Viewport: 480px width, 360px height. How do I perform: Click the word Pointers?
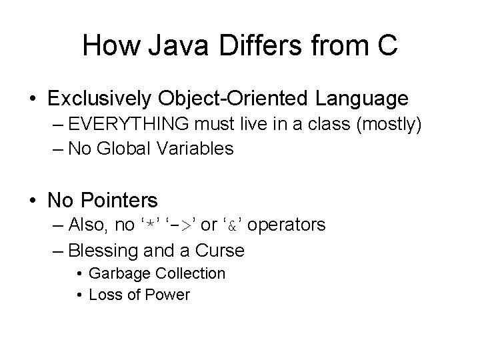coord(124,200)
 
